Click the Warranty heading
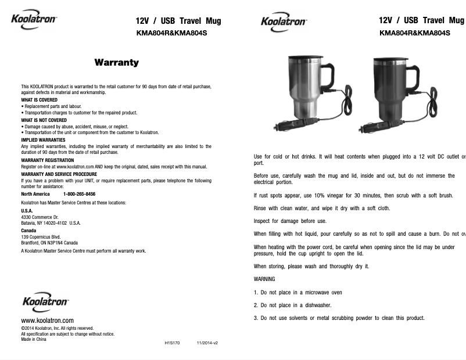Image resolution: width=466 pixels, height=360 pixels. (116, 62)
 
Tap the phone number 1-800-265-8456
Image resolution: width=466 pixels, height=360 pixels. (79, 194)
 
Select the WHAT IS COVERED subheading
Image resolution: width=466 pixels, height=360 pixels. (39, 100)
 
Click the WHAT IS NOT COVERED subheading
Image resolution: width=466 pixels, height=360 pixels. (44, 120)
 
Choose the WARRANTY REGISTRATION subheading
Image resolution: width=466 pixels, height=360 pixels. (47, 160)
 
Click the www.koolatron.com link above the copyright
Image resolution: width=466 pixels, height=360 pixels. (47, 321)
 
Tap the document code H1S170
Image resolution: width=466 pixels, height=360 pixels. (173, 343)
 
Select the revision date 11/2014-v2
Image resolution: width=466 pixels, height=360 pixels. (207, 343)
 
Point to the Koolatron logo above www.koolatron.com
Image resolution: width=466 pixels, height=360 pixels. (45, 303)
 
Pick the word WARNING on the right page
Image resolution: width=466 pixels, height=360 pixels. (264, 279)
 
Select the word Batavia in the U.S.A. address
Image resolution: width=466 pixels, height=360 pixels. (29, 223)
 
